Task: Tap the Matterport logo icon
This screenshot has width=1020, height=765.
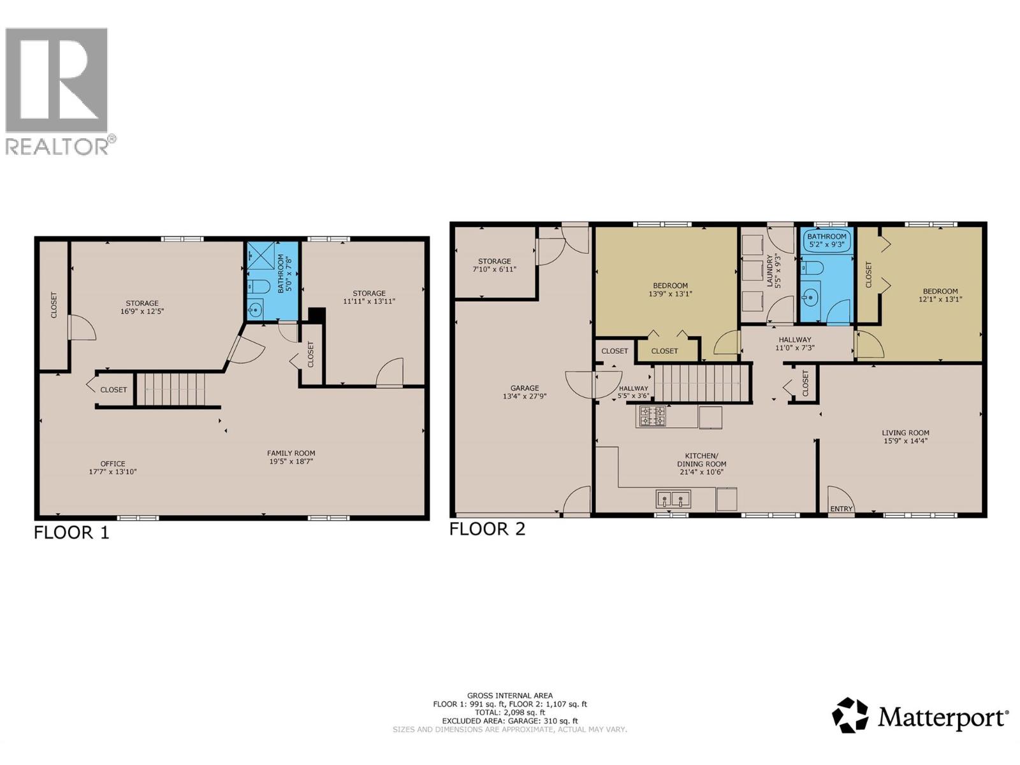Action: [850, 715]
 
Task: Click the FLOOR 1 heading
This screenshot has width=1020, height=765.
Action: [71, 532]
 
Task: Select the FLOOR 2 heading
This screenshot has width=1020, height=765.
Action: [487, 528]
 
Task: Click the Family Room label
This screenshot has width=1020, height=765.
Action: [291, 453]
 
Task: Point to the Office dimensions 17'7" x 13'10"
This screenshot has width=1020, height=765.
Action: [113, 472]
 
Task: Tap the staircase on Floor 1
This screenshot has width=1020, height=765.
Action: [172, 389]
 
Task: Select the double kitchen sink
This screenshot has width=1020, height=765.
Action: [673, 499]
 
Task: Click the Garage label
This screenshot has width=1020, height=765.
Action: [525, 388]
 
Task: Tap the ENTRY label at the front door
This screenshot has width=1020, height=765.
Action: [841, 508]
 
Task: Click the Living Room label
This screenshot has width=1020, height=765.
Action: [905, 432]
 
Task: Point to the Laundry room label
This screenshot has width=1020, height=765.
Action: [769, 270]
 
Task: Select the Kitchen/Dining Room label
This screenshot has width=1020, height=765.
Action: [701, 460]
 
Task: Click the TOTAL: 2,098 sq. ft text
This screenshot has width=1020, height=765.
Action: [509, 713]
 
